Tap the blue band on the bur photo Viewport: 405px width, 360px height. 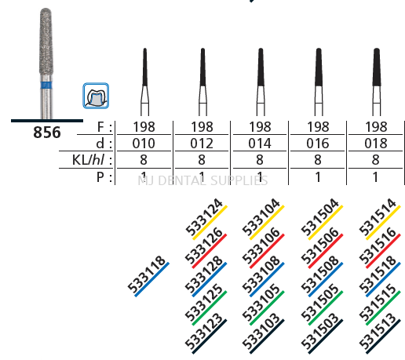tap(45, 82)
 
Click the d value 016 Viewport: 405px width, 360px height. tap(318, 143)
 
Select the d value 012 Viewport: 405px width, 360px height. tap(202, 143)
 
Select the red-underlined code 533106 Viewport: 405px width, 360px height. tap(261, 246)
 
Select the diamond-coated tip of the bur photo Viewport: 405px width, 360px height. tap(45, 39)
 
